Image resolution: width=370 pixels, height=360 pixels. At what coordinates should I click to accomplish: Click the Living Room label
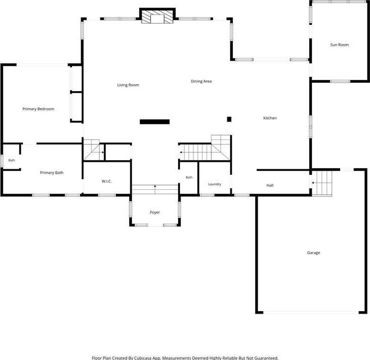click(128, 85)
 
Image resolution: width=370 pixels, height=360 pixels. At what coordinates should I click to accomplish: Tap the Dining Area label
click(201, 81)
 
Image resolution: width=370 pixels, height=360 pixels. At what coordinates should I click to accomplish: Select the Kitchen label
click(270, 118)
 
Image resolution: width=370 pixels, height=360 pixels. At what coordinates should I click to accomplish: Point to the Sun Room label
click(339, 45)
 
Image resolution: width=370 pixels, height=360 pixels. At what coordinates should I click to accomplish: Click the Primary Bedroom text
click(38, 109)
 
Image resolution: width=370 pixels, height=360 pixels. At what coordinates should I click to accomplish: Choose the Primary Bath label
click(52, 173)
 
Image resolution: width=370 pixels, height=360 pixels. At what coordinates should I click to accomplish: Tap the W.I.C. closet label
click(106, 181)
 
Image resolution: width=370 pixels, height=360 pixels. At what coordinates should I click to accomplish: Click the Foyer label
click(155, 212)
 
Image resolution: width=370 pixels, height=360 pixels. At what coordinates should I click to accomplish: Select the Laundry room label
click(214, 184)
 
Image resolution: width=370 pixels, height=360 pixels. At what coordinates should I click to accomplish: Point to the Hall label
click(270, 185)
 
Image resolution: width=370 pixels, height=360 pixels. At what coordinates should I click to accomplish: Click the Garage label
click(313, 253)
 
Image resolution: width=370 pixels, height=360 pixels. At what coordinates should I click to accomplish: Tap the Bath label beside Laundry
click(189, 177)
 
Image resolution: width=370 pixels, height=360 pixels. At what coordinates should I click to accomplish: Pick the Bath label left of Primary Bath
click(11, 160)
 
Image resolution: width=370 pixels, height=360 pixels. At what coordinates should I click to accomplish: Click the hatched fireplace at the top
click(157, 16)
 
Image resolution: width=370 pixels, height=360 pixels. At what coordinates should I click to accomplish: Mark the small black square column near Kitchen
click(229, 120)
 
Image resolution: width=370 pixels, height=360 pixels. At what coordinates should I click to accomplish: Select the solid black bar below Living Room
click(155, 121)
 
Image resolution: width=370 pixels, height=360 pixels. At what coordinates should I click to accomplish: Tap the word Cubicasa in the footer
click(143, 358)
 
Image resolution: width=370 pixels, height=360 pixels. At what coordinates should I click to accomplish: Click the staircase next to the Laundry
click(204, 148)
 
